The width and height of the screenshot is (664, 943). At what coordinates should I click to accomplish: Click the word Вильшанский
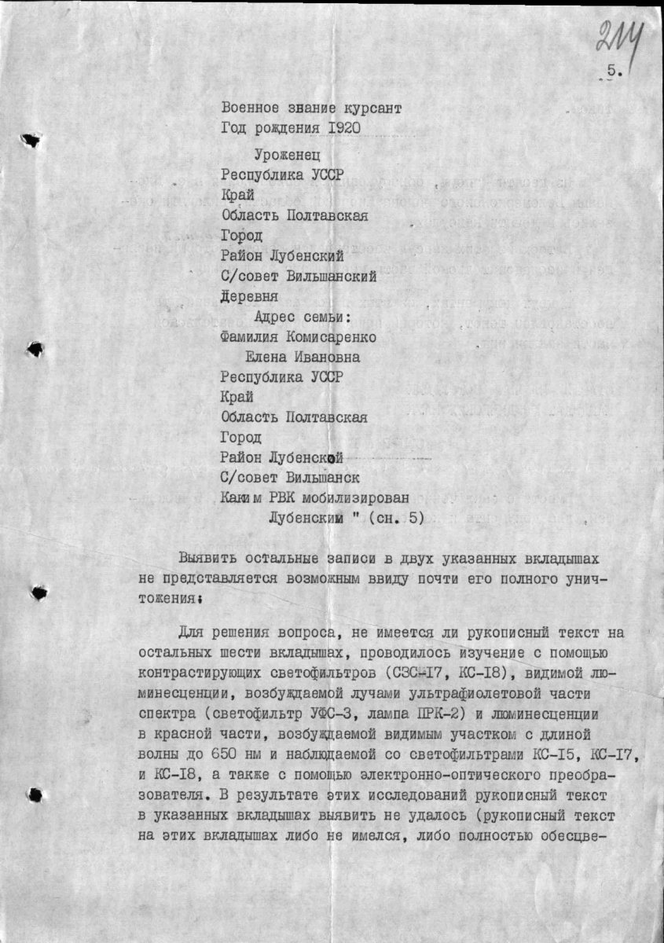(x=335, y=276)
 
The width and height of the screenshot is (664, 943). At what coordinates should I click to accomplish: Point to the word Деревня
(x=249, y=297)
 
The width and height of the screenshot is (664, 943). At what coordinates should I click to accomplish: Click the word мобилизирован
(x=359, y=497)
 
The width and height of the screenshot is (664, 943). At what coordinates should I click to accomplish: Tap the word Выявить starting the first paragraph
(x=208, y=559)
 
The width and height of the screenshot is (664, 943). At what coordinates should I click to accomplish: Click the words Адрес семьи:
(x=302, y=317)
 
